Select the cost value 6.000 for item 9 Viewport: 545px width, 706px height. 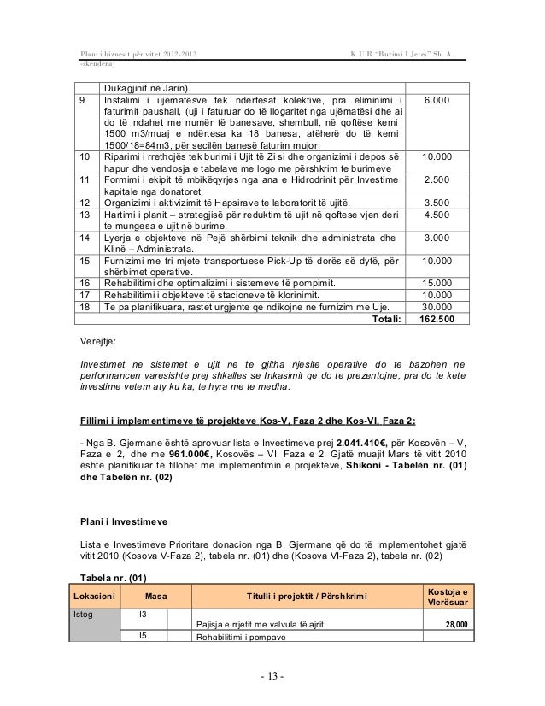point(442,101)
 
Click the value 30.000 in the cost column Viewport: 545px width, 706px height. point(442,307)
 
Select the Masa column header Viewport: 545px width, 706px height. point(155,595)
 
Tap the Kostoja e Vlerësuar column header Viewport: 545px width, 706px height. point(451,595)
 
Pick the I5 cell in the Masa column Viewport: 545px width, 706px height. point(142,635)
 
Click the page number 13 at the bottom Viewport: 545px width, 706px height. point(272,679)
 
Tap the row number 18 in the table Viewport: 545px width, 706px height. point(85,307)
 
